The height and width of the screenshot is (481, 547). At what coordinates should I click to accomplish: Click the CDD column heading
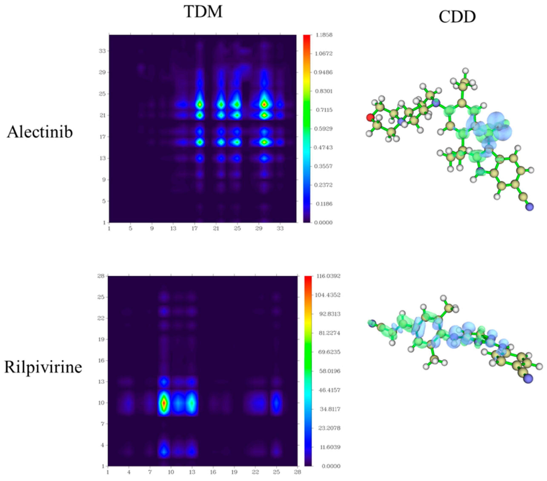click(x=457, y=17)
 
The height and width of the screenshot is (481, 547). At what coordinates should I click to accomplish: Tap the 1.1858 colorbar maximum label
click(x=324, y=35)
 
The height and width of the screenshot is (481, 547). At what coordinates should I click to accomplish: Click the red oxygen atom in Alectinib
click(x=370, y=117)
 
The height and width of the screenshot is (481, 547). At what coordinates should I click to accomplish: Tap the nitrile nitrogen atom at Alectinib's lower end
click(x=529, y=207)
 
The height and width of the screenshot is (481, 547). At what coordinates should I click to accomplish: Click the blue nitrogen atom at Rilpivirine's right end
click(x=528, y=379)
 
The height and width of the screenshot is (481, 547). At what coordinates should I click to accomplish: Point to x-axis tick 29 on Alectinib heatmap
click(x=259, y=229)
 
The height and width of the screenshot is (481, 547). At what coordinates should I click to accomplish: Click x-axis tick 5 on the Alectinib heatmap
click(x=130, y=229)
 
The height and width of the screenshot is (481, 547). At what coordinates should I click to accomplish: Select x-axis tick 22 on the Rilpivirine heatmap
click(x=255, y=472)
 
